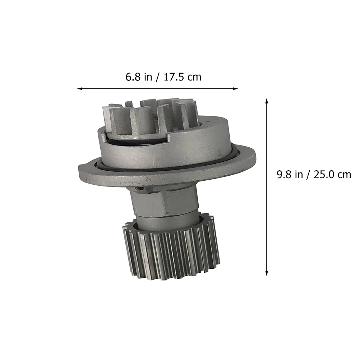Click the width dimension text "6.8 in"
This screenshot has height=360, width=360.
(139, 77)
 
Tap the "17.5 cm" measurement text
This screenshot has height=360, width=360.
(182, 77)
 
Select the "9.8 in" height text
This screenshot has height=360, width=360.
(290, 175)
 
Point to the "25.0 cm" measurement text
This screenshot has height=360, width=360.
(332, 175)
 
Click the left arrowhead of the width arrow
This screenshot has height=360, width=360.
(79, 88)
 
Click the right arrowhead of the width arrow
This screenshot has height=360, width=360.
(236, 88)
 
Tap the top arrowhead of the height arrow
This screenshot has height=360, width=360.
(267, 101)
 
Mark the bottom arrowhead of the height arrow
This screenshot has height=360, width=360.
(267, 273)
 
